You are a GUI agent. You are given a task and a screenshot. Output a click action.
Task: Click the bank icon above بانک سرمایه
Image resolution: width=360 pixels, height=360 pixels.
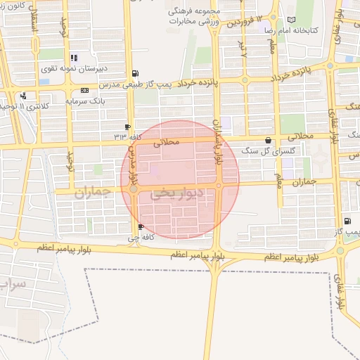(x=85, y=90)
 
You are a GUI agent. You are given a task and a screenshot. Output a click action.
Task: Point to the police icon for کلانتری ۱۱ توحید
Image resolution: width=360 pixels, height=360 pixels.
(x=24, y=95)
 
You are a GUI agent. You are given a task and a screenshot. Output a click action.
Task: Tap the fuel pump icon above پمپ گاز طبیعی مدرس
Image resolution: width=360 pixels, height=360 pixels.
(x=135, y=73)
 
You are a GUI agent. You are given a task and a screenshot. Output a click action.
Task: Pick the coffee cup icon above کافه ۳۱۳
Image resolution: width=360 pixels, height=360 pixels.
(x=127, y=126)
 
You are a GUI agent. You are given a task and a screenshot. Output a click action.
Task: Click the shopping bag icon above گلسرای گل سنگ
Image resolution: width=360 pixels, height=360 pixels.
(x=268, y=140)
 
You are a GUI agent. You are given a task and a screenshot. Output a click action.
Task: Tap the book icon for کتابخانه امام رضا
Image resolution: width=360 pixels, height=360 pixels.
(x=291, y=20)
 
